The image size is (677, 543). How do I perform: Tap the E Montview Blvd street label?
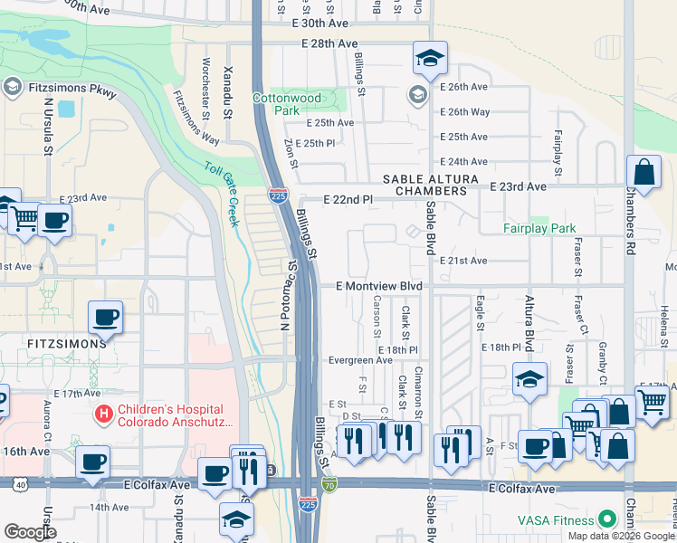pyautogui.click(x=379, y=285)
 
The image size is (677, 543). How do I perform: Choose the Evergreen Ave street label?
pyautogui.click(x=359, y=359)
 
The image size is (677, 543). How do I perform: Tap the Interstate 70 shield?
pyautogui.click(x=330, y=485)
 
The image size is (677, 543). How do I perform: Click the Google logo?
pyautogui.click(x=30, y=531)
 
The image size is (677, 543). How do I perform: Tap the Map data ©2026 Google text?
pyautogui.click(x=620, y=536)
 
